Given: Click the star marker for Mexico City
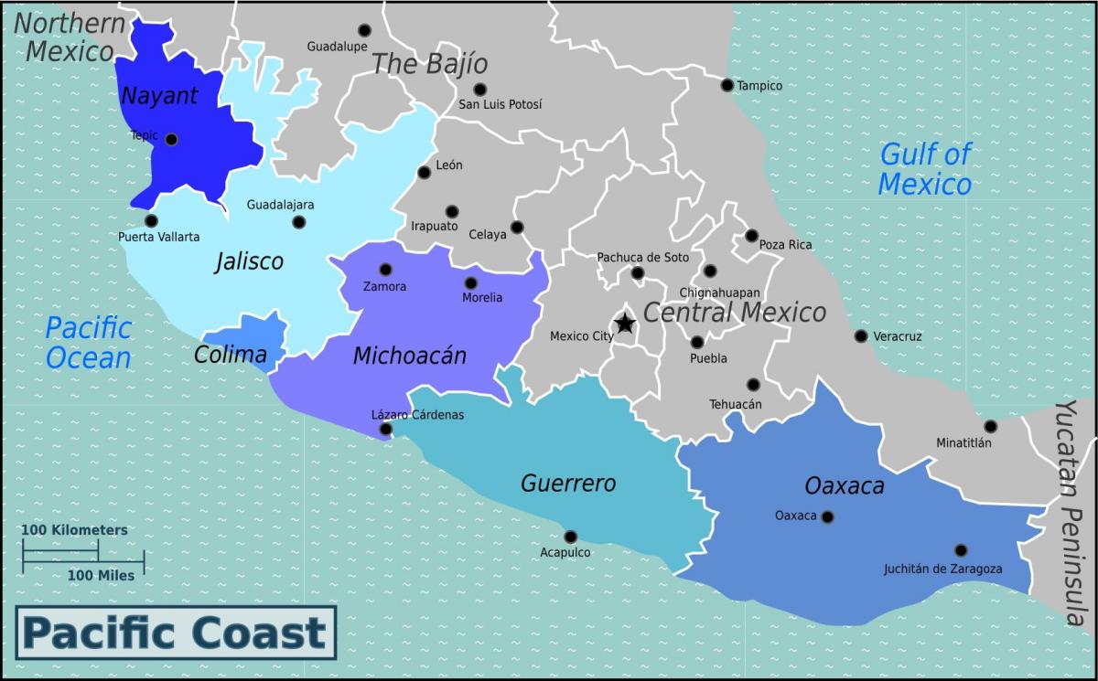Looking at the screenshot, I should click(x=625, y=324).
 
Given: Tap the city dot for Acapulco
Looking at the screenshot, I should click(x=570, y=537).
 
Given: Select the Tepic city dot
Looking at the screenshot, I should click(x=171, y=140).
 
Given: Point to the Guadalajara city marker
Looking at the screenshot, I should click(x=298, y=222).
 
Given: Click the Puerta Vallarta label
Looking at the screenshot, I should click(x=159, y=238).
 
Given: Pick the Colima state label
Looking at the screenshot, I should click(x=230, y=355).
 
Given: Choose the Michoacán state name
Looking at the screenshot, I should click(x=409, y=356).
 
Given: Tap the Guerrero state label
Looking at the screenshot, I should click(x=568, y=484).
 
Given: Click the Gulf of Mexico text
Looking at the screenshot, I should click(x=925, y=169).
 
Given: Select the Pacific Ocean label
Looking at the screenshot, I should click(x=89, y=342).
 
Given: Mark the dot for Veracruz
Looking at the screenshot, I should click(x=860, y=335).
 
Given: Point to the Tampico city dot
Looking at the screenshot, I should click(x=727, y=85).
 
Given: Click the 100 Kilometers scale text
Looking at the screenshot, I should click(x=75, y=530).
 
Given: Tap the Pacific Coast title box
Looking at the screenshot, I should click(x=175, y=633).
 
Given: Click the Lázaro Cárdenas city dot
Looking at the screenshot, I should click(x=385, y=429).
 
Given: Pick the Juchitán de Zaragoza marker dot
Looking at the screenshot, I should click(x=960, y=550).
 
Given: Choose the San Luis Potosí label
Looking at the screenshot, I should click(x=500, y=104).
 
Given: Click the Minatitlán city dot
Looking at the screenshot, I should click(x=990, y=426).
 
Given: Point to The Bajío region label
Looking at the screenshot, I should click(x=429, y=64).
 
